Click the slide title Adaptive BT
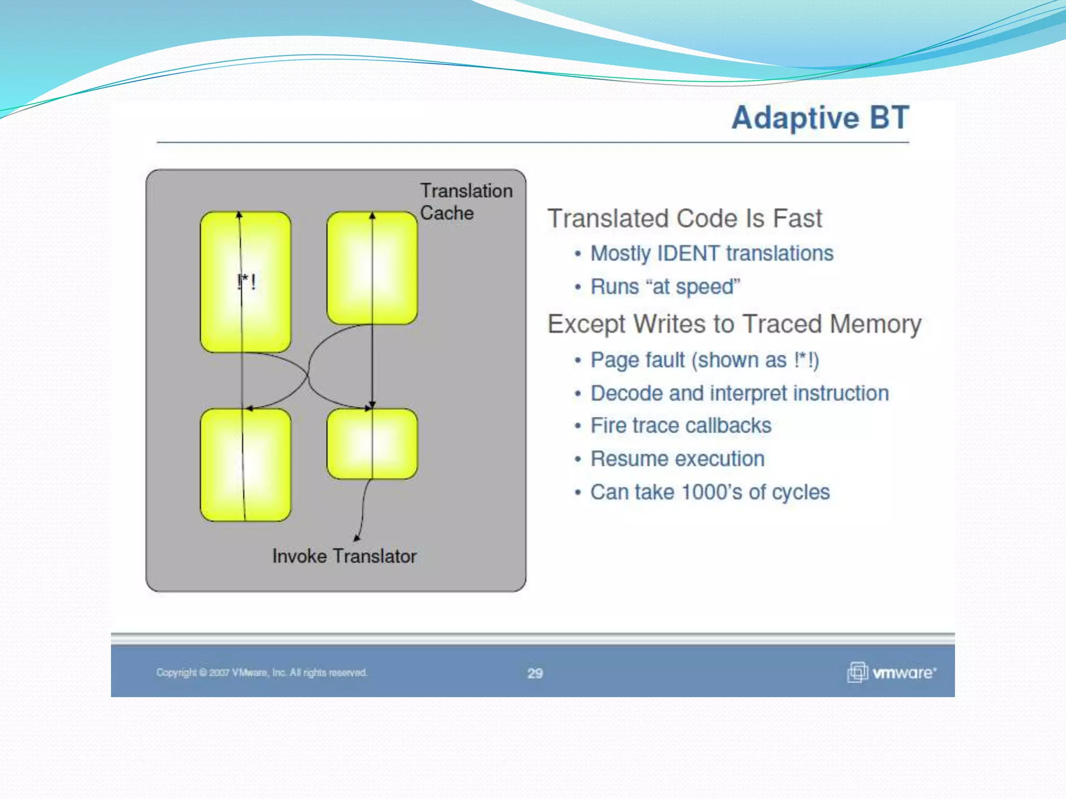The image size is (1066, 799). (x=820, y=118)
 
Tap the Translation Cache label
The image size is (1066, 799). (x=465, y=202)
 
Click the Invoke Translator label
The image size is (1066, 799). (x=344, y=556)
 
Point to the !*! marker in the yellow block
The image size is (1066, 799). (x=246, y=282)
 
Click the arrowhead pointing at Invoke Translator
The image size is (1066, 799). (x=357, y=537)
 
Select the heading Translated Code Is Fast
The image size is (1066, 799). (x=684, y=218)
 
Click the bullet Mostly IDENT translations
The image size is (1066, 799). (x=712, y=254)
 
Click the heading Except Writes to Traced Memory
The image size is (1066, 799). (x=734, y=324)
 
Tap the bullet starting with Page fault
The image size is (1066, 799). (x=704, y=360)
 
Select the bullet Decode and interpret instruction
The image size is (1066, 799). (x=739, y=393)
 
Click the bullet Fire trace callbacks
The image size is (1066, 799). (x=680, y=426)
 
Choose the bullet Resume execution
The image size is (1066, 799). (x=677, y=459)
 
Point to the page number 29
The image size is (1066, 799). (x=535, y=673)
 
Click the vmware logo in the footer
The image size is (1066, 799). (x=892, y=673)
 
